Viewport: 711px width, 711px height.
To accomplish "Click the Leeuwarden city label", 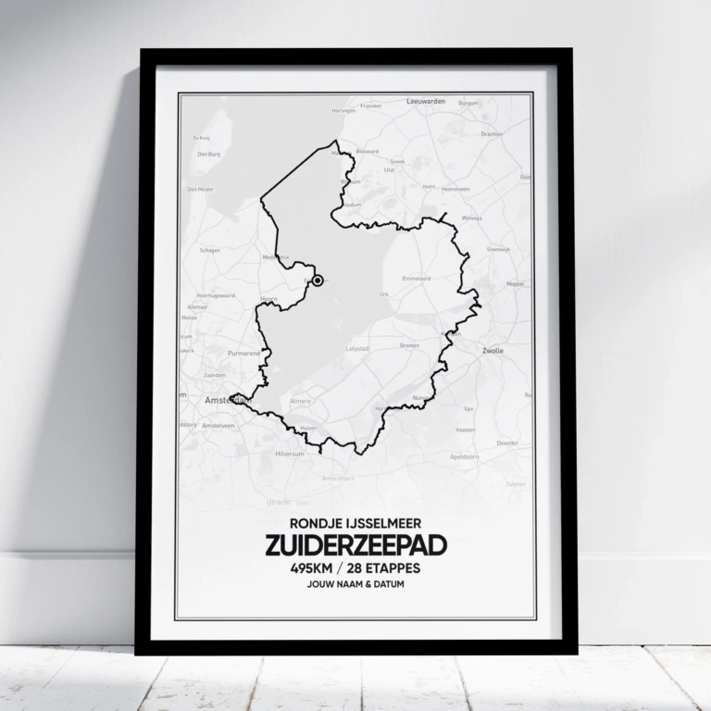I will (x=427, y=101).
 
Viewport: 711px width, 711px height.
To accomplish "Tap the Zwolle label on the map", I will (x=493, y=352).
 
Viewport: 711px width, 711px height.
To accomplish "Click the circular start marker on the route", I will (x=318, y=280).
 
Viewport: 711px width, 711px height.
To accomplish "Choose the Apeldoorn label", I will (x=466, y=457).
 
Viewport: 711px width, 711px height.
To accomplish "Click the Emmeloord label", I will (x=416, y=278).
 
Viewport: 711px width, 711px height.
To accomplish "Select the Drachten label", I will (x=492, y=133).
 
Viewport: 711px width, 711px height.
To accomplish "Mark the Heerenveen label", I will (x=455, y=188).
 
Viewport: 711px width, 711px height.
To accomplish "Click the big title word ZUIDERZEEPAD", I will (x=355, y=546).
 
